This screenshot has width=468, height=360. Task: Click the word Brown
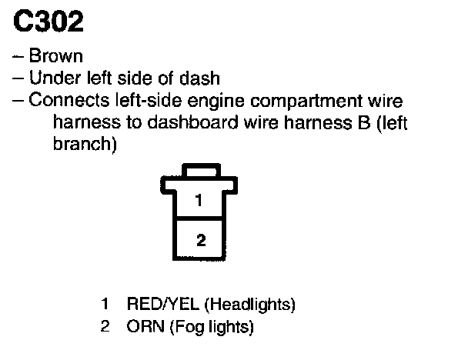coord(56,56)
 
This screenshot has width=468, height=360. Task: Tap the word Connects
coord(63,100)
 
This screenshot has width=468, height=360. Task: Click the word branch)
coord(84,144)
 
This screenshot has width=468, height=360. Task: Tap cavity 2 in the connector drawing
coord(201,240)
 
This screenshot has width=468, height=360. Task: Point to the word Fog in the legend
coord(176,326)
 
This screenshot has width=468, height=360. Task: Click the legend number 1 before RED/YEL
coord(104,304)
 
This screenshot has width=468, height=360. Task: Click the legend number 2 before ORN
coord(104,326)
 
